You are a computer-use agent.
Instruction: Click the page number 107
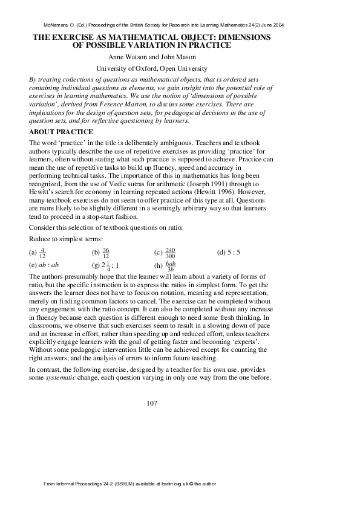click(152, 403)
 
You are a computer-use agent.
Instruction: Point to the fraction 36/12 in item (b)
click(105, 251)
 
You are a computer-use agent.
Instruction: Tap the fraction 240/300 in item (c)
click(169, 251)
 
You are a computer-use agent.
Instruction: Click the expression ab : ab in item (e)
click(48, 264)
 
